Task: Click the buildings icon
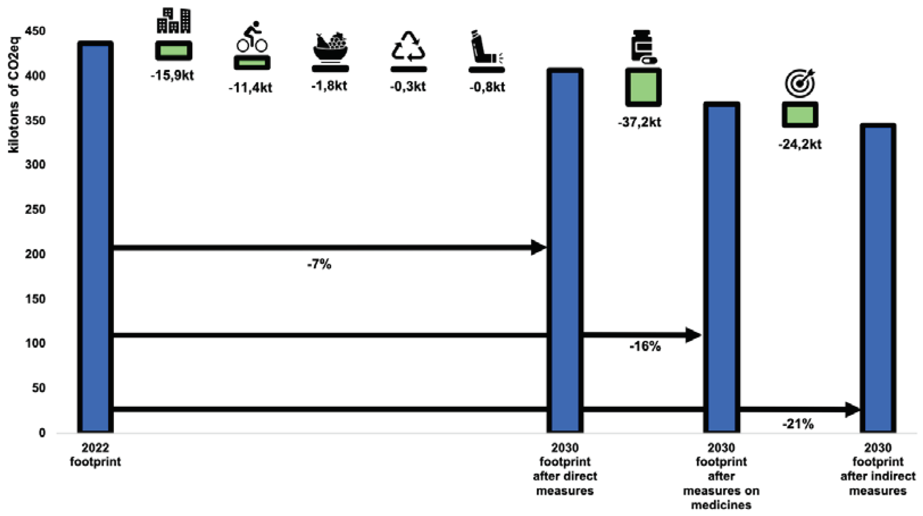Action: pos(174,21)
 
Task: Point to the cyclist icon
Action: pos(252,37)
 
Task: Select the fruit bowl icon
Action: pos(330,47)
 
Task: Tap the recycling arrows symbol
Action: pos(408,46)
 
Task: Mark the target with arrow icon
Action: pos(800,83)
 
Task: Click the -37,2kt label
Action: pos(640,122)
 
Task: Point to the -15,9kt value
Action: pos(172,76)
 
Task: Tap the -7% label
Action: pos(319,264)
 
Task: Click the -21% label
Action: pos(798,424)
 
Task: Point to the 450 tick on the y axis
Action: pos(35,31)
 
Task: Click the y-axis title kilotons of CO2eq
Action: pos(14,95)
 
